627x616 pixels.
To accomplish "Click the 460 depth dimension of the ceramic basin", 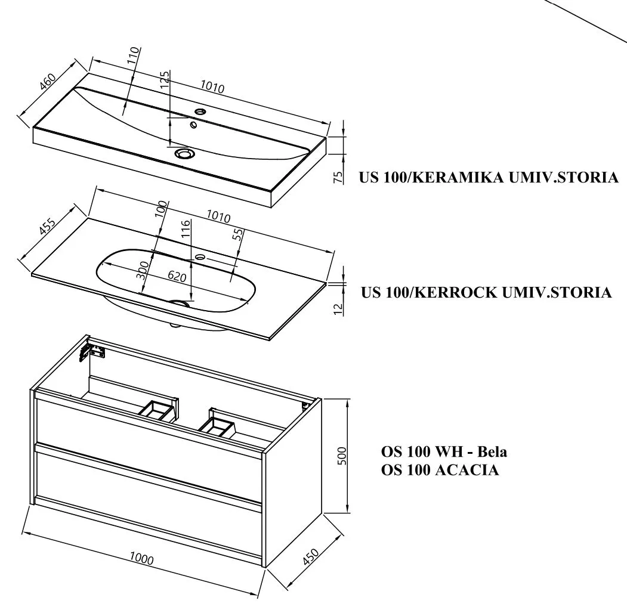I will tap(47, 80).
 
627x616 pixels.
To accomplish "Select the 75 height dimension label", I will tap(338, 177).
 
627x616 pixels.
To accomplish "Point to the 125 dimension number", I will tap(165, 80).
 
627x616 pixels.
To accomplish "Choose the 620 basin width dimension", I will tap(177, 277).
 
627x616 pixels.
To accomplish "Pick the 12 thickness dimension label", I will tap(338, 309).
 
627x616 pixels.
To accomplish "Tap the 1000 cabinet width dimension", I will tap(141, 559).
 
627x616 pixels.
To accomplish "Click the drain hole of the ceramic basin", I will tap(184, 154).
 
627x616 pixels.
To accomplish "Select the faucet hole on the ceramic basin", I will tap(200, 112).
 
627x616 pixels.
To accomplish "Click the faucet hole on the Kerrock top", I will tap(200, 258).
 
